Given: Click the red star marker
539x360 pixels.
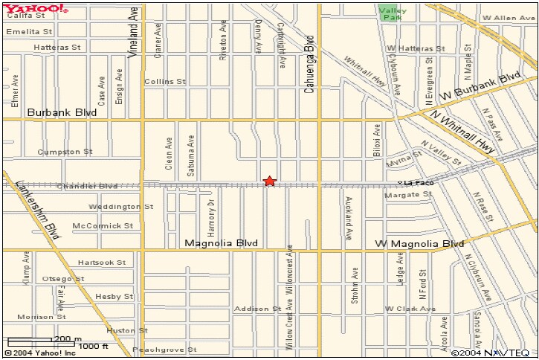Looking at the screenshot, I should coord(269,181).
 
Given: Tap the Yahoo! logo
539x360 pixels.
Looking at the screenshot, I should coord(36,8).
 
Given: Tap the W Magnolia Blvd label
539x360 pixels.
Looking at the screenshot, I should coord(419,243).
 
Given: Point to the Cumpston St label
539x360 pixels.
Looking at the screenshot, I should coord(66,151).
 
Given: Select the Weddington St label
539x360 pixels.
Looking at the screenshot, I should coord(120,206).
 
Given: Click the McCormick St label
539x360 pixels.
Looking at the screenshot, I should coord(103,225).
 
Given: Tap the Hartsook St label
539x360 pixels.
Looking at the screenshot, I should coord(102,262).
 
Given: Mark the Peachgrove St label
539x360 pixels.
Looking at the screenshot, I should coord(164,349).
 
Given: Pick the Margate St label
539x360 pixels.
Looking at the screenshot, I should coord(408,194).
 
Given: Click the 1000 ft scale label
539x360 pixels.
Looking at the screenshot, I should coord(94,346).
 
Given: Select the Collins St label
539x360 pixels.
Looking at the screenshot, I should coord(164,81).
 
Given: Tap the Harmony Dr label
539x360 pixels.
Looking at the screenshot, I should coord(211,213).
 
